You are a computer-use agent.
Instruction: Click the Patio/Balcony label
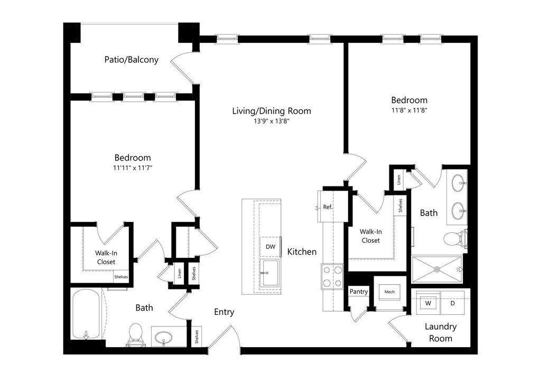coord(131,60)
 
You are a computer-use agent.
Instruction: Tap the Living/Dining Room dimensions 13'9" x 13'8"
coord(272,121)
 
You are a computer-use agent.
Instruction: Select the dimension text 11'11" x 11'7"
coord(133,167)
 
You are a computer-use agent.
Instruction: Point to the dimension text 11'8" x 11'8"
coord(409,110)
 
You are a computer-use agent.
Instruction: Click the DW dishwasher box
coord(270,247)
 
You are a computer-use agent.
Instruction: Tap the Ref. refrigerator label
coord(328,207)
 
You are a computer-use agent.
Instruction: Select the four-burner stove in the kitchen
coord(332,276)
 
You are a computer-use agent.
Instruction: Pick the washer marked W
coord(428,304)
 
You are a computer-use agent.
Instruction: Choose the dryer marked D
coord(452,304)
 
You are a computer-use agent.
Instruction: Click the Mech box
coord(389,292)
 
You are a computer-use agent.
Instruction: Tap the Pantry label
coord(359,292)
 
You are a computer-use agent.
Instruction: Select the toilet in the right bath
coord(454,239)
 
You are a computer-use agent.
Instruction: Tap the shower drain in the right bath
coord(437,269)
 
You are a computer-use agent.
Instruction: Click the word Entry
coord(224,312)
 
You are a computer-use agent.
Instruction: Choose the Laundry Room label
coord(441,332)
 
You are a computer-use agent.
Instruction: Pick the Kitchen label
coord(302,252)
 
